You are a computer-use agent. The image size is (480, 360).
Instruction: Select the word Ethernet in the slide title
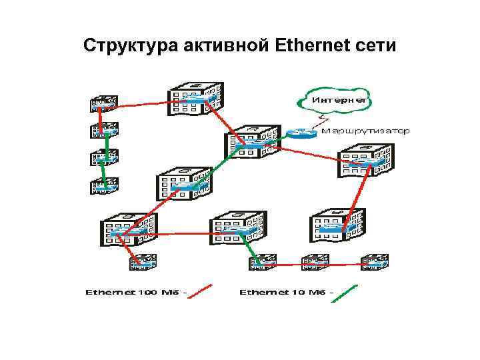(x=307, y=46)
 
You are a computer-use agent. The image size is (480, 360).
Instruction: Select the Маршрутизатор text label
(x=365, y=131)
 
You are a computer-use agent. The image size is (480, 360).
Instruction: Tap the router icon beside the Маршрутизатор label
(x=301, y=133)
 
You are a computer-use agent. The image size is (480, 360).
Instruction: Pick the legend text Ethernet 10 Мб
(x=286, y=291)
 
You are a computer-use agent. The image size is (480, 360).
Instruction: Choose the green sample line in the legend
(x=345, y=293)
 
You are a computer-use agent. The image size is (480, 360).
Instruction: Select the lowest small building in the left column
(x=103, y=186)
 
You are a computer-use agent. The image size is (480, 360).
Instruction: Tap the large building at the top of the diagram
(x=195, y=99)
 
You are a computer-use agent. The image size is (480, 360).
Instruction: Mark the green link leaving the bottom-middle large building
(x=247, y=250)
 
